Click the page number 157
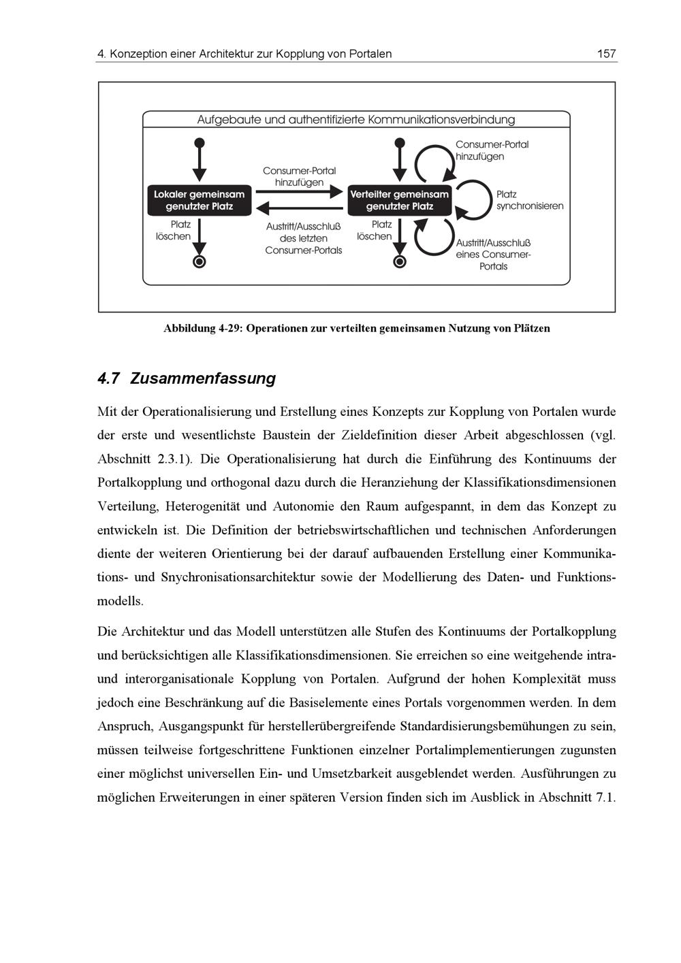[605, 53]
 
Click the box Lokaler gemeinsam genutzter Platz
[199, 200]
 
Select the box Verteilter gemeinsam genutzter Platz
[399, 200]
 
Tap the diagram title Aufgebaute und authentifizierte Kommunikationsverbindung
[356, 120]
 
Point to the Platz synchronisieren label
[529, 200]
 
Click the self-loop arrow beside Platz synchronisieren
[473, 199]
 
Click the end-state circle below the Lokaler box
[199, 261]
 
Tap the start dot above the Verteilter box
[400, 143]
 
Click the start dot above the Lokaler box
[199, 143]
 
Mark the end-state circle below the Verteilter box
[400, 261]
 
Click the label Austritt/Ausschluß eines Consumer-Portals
[493, 255]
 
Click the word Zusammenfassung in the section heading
[202, 378]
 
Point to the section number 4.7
[109, 378]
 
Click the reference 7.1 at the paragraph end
[605, 798]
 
